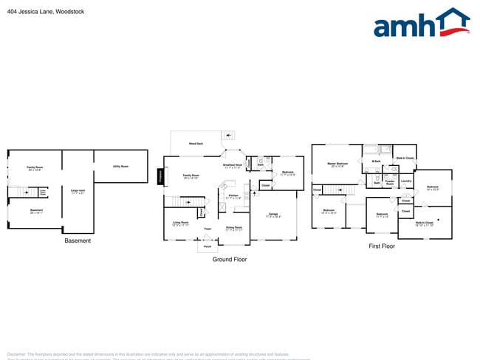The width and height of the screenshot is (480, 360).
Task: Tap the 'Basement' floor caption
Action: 78,240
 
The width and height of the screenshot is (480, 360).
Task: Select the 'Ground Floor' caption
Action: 229,259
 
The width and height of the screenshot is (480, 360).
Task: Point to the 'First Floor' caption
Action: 382,246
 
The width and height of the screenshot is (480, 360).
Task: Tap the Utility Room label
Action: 120,166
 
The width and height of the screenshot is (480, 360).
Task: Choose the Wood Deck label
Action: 196,143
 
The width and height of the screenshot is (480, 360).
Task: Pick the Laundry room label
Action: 405,181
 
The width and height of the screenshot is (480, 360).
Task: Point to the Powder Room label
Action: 389,182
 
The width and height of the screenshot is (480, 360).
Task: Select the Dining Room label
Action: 233,229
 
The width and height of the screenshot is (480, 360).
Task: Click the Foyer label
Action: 208,229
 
